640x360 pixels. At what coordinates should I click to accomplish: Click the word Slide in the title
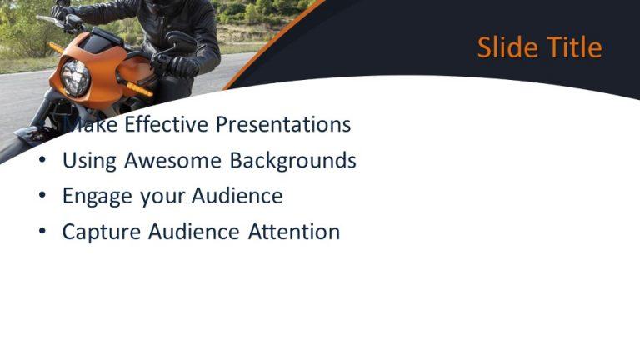click(507, 47)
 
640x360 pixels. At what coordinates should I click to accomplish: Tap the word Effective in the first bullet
click(167, 124)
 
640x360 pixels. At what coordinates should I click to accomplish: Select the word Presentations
click(283, 124)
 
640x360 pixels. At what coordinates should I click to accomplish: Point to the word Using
click(90, 160)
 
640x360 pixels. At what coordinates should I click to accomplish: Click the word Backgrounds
click(293, 160)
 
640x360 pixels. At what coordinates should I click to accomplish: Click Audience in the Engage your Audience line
click(237, 196)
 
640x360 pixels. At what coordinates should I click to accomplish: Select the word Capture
click(102, 232)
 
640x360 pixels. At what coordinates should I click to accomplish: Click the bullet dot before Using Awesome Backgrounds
click(42, 161)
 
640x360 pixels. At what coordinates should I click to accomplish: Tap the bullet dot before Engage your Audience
click(42, 197)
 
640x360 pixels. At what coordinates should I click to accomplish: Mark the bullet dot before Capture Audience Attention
click(42, 232)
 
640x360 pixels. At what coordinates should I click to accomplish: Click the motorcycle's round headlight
click(76, 77)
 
